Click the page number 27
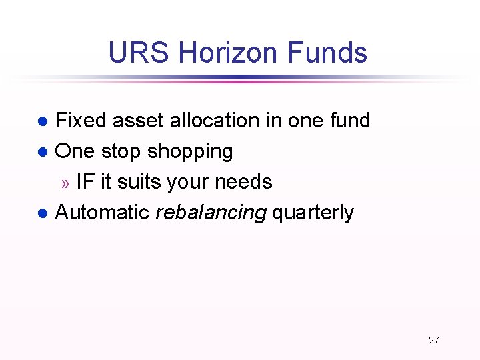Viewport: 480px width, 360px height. coord(434,340)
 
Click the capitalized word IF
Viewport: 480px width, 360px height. coord(85,182)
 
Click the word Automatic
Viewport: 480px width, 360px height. coord(102,213)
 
